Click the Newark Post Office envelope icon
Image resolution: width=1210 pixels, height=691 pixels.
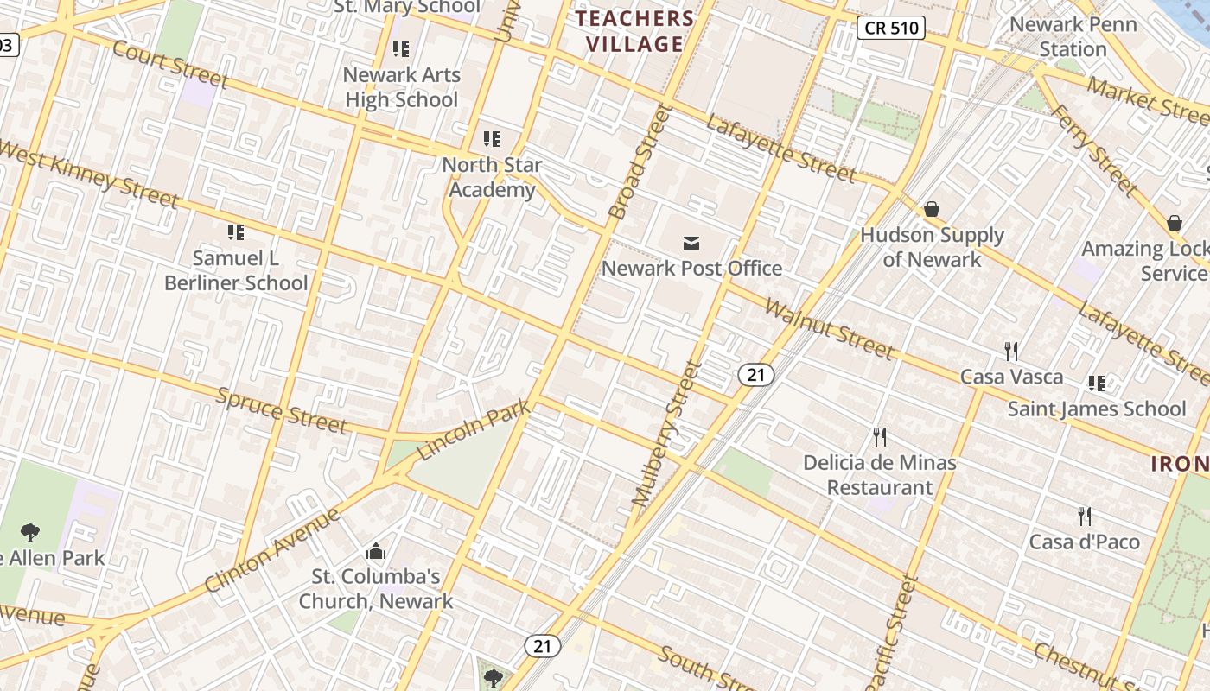(691, 244)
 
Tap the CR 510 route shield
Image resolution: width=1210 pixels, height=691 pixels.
(892, 28)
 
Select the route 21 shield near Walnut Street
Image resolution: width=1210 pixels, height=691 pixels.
(756, 374)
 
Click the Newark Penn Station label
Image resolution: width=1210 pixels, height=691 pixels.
(1073, 36)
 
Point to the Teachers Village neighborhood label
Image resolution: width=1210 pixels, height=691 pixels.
(635, 31)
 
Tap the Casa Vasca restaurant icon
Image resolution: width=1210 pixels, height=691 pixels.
(1011, 351)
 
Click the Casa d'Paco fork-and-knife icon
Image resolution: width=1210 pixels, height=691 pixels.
(1085, 517)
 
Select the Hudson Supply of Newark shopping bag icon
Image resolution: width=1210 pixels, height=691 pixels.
(932, 209)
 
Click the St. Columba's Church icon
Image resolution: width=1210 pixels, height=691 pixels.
(376, 551)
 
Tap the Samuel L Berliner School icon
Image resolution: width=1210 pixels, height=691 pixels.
(236, 231)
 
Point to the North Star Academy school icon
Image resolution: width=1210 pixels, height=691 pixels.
(492, 138)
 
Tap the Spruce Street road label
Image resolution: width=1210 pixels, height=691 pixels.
(281, 410)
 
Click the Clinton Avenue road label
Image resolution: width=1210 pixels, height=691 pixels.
(272, 550)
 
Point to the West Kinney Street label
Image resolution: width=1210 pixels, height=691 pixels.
(86, 174)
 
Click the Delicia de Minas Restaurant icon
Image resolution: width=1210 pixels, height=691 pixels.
(880, 437)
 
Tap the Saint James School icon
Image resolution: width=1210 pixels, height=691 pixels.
(1097, 383)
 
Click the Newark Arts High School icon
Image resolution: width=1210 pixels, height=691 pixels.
(400, 48)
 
